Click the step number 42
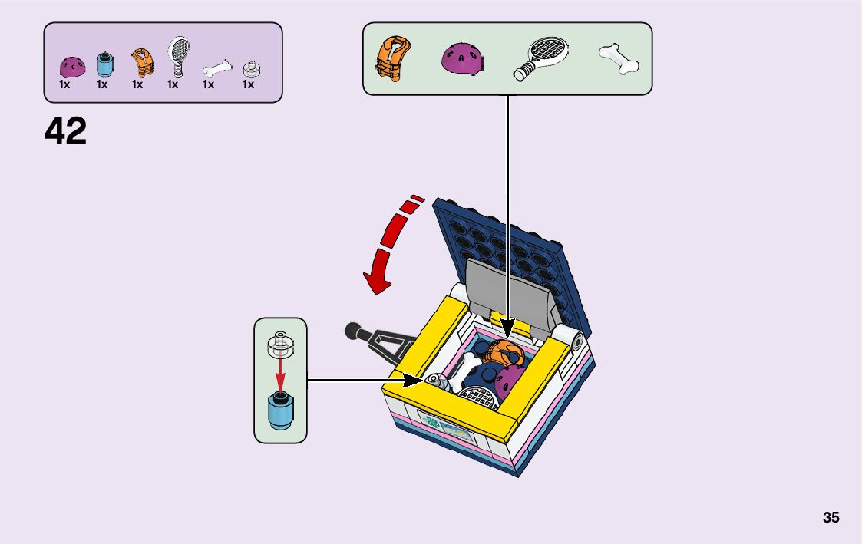point(65,131)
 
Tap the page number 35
point(831,517)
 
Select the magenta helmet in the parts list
point(71,67)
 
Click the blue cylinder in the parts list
point(104,64)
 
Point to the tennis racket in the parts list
point(177,55)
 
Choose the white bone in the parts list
point(217,69)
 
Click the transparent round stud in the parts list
point(249,69)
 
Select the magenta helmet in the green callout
point(462,59)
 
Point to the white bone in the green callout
point(619,59)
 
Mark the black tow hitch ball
point(352,332)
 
